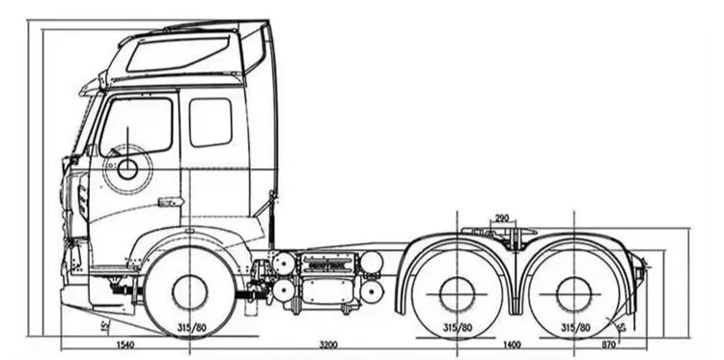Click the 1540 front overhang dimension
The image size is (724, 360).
[x=124, y=344]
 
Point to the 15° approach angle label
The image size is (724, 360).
[x=103, y=326]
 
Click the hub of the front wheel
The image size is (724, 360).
[x=189, y=291]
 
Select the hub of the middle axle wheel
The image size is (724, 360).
[x=456, y=292]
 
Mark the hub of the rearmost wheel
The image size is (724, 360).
[x=573, y=292]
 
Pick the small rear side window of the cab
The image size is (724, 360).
[x=210, y=123]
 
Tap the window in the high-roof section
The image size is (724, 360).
[x=181, y=53]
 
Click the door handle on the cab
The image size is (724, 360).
[x=170, y=202]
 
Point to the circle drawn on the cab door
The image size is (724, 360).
[x=126, y=170]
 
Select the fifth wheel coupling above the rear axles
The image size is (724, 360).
[x=501, y=234]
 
